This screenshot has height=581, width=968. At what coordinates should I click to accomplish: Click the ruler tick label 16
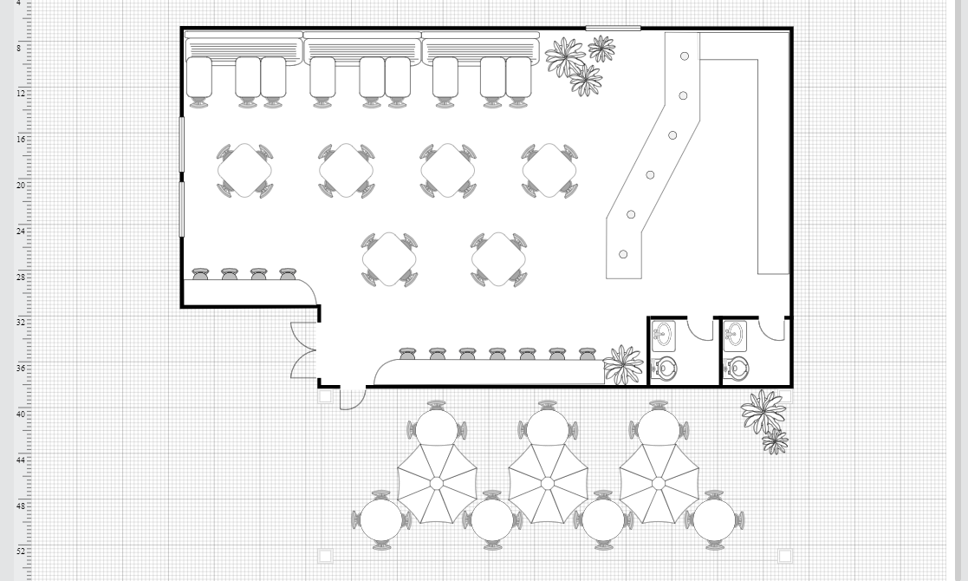pos(21,139)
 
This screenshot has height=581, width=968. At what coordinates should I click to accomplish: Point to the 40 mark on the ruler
pos(21,414)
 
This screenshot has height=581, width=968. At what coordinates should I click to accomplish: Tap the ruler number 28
pos(21,277)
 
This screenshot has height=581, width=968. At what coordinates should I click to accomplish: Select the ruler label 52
pos(21,551)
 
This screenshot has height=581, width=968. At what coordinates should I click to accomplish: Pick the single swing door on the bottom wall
pos(352,398)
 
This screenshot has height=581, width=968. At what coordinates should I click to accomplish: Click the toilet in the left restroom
pos(665,368)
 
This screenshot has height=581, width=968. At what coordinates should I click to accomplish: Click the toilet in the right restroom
pos(737,368)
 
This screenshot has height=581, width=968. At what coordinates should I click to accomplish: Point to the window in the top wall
pos(613,28)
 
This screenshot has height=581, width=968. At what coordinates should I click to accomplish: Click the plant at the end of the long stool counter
pos(623,364)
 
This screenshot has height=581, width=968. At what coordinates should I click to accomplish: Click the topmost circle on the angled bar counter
pos(685,56)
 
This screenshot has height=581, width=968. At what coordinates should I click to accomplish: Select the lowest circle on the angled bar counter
pos(623,254)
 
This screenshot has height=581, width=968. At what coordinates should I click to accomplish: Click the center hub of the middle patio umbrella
pos(548,483)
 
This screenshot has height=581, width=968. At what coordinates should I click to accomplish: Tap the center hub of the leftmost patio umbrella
pos(437,483)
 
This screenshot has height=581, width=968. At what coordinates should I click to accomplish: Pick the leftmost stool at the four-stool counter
pos(200,273)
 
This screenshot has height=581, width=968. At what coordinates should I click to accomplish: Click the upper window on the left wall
pos(181,144)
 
